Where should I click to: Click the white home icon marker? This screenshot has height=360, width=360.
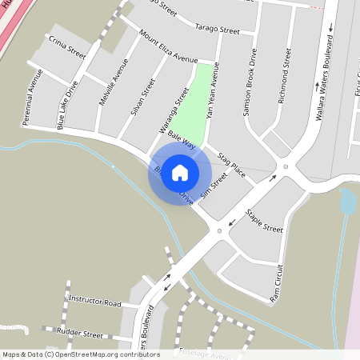pyautogui.click(x=180, y=172)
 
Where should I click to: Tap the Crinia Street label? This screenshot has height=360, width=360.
pyautogui.click(x=66, y=47)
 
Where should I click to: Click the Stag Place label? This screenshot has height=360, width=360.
pyautogui.click(x=232, y=161)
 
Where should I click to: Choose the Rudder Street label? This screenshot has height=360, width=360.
pyautogui.click(x=79, y=333)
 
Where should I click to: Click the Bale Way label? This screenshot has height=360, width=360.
pyautogui.click(x=182, y=143)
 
